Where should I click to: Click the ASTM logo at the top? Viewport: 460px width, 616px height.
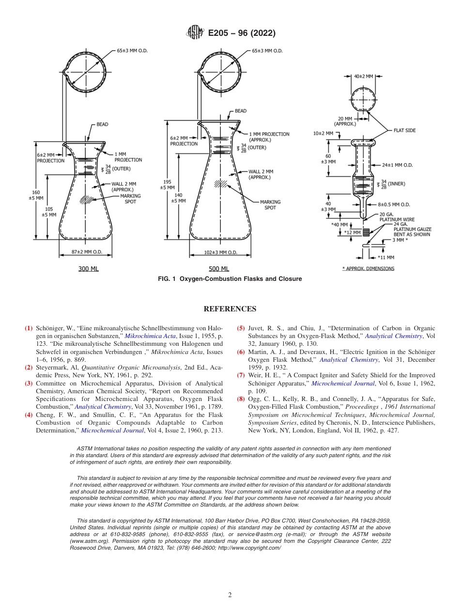195,33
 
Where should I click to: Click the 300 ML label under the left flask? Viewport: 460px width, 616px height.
88,269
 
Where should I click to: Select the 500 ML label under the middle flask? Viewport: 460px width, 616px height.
219,269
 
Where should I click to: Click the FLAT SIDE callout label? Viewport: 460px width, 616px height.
404,130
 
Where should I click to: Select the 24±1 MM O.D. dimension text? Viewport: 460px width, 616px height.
397,165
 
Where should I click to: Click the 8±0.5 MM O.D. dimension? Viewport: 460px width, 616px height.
397,205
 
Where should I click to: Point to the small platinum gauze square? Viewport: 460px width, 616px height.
366,232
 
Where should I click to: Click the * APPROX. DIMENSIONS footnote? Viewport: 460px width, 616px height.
368,268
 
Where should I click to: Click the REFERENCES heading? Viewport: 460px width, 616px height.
230,309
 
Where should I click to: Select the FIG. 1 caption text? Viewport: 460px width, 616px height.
230,279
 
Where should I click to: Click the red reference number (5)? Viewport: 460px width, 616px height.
241,328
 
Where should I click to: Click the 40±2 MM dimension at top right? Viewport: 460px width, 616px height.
363,77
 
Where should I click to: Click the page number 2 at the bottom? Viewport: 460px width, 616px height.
230,595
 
